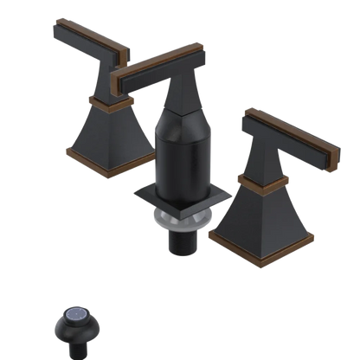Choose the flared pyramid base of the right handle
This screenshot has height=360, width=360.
(260, 216)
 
